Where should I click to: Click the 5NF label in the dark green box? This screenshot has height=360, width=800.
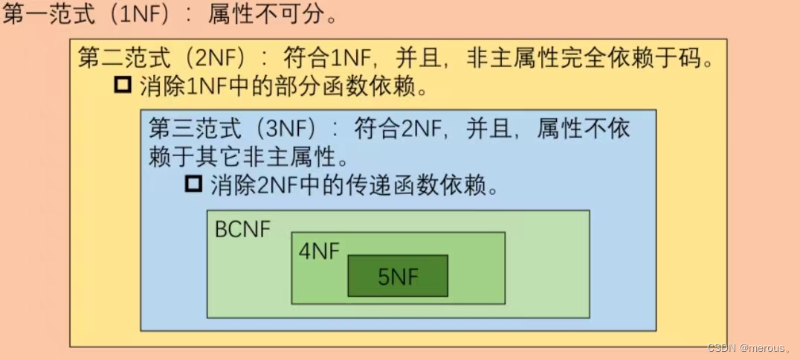398,276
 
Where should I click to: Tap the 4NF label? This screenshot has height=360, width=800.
319,251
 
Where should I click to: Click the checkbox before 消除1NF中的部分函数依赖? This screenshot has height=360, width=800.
123,85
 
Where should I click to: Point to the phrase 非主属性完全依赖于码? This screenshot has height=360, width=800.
590,59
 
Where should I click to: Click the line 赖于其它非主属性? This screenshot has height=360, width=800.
242,156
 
